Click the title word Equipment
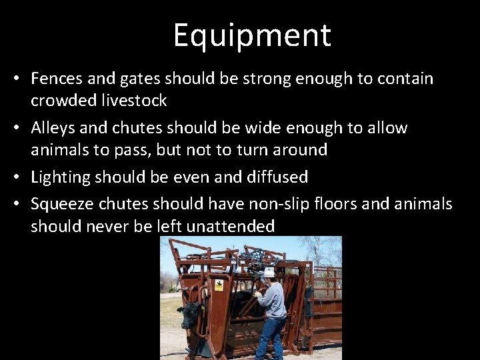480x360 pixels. [x=252, y=36]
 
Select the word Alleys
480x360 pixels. [x=53, y=127]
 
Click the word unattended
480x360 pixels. [x=230, y=226]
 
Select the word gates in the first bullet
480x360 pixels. [x=140, y=79]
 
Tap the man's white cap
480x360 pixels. [x=269, y=273]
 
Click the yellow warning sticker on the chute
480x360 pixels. [x=218, y=286]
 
